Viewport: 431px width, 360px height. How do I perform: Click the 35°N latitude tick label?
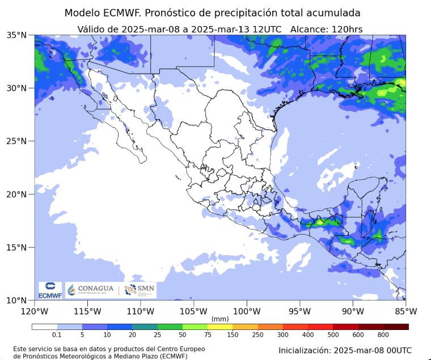(16, 35)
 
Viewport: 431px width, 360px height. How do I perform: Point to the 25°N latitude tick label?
(16, 141)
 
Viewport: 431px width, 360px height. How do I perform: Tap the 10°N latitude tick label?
(16, 300)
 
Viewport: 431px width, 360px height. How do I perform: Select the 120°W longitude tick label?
(35, 311)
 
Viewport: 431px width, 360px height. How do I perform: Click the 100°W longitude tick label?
(247, 311)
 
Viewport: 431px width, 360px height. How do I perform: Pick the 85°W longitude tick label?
(406, 311)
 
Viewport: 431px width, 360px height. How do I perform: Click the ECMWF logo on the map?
(50, 290)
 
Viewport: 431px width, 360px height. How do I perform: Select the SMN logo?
(140, 290)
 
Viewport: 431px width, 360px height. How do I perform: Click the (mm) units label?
(219, 319)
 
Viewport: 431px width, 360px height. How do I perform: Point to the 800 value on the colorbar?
(383, 335)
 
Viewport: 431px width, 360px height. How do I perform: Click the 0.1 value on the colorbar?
(57, 335)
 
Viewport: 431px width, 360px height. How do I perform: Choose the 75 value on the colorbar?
(208, 335)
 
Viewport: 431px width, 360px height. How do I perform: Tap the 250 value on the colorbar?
(258, 335)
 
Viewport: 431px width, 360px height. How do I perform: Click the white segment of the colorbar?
(44, 327)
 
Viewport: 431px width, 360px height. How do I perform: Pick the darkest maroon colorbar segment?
(396, 327)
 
